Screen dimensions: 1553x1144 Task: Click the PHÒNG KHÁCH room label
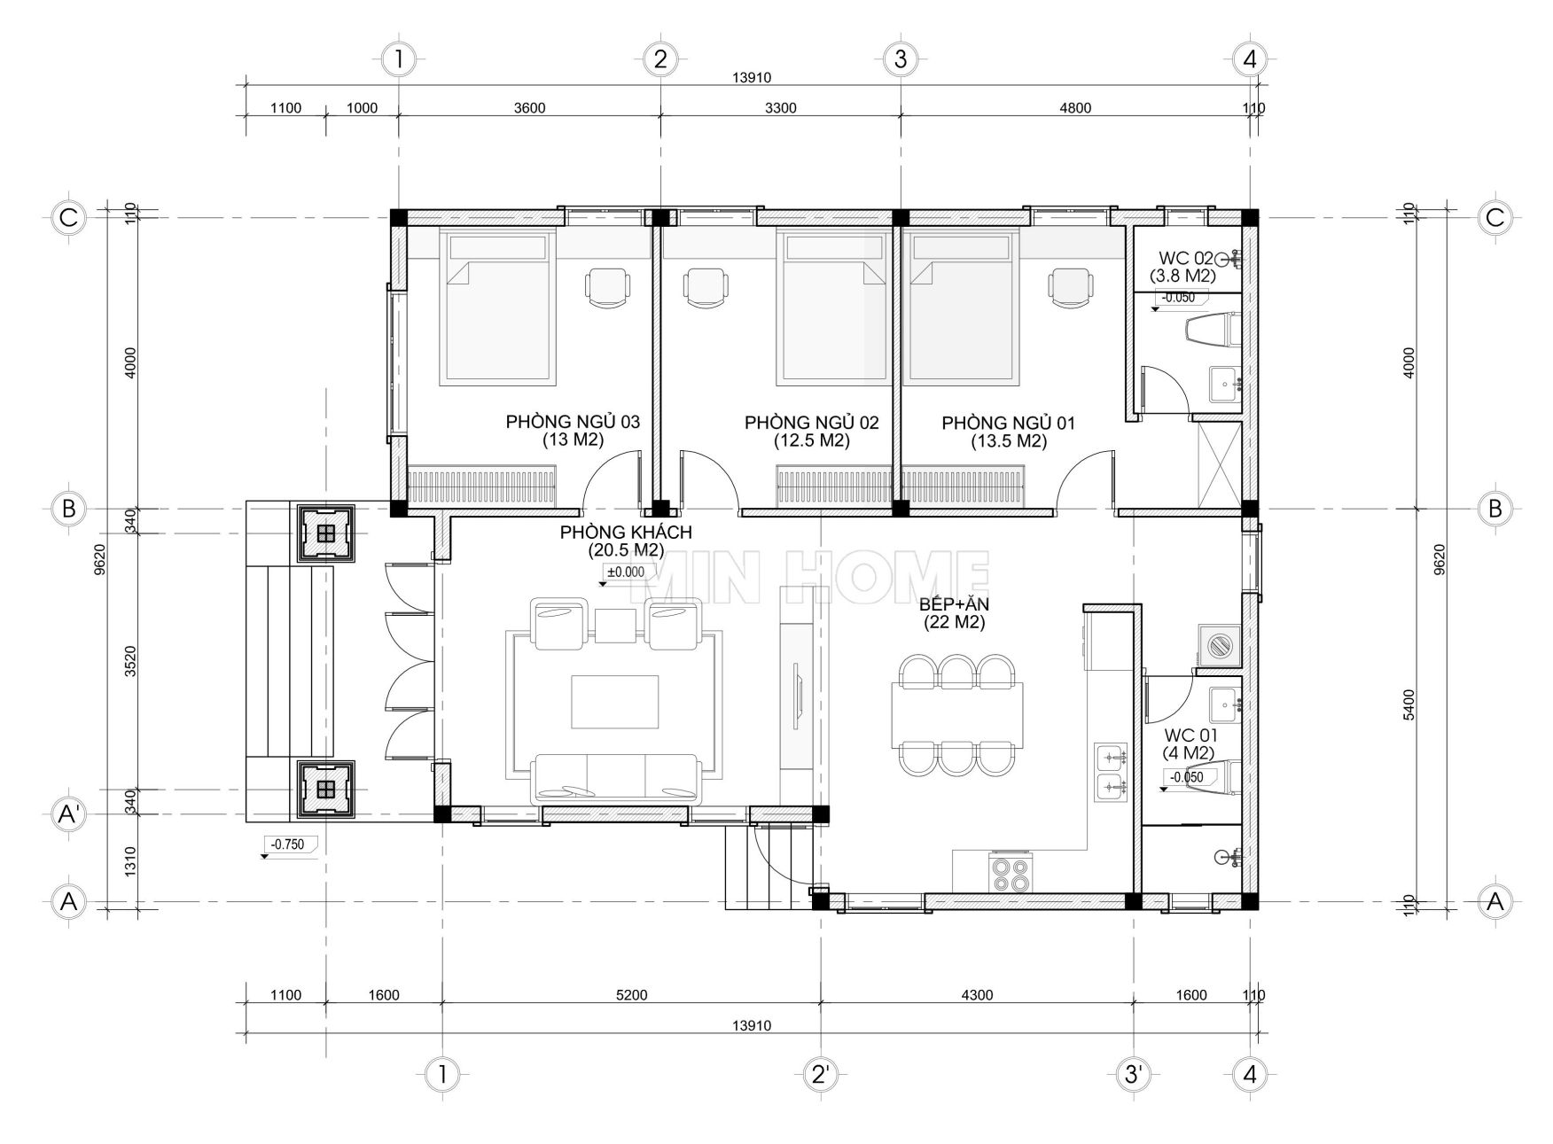(x=626, y=533)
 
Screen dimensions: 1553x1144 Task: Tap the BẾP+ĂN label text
(x=954, y=604)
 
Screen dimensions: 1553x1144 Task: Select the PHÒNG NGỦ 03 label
(x=573, y=422)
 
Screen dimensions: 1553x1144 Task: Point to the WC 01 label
(x=1190, y=735)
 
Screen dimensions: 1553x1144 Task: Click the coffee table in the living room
(x=615, y=702)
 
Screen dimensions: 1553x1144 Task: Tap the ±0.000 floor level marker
(x=626, y=574)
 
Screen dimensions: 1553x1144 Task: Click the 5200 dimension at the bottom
(x=631, y=994)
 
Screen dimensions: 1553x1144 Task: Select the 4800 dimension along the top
(x=1074, y=108)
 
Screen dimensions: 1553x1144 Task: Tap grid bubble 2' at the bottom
(x=819, y=1075)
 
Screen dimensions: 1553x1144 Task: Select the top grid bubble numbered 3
(x=901, y=60)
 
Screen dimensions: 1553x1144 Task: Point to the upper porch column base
(x=326, y=533)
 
